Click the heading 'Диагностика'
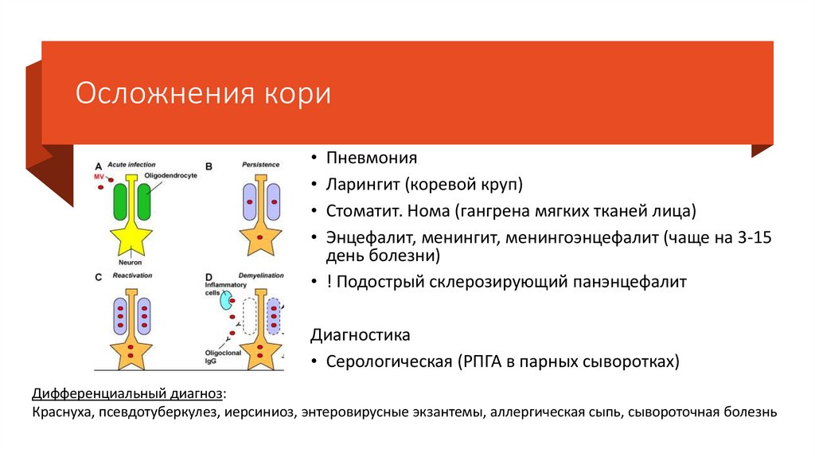[361, 334]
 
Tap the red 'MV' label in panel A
[99, 175]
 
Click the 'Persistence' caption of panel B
[261, 164]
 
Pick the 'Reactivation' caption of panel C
[132, 275]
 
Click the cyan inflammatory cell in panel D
[227, 300]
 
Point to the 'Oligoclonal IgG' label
[217, 355]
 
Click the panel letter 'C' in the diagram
[99, 277]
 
